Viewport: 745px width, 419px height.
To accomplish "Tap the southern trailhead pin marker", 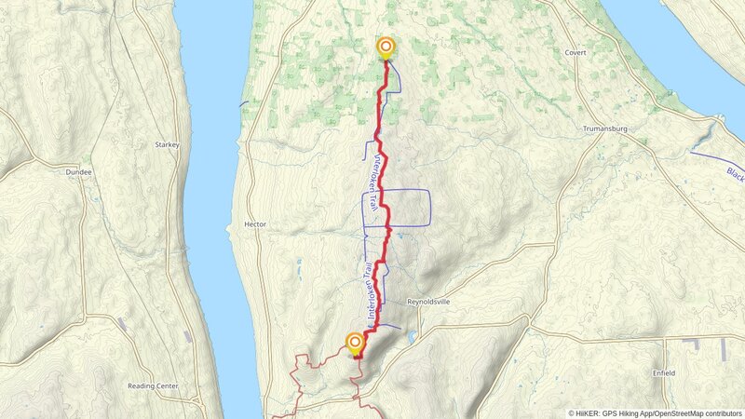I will tap(355, 343).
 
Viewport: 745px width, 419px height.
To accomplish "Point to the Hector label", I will tap(255, 224).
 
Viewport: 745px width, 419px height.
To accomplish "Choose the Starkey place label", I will tap(168, 145).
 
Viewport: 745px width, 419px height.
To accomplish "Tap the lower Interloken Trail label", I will tap(369, 291).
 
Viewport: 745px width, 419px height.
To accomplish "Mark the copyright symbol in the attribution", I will tap(572, 413).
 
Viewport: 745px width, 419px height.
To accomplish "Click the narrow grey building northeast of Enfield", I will tap(723, 349).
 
